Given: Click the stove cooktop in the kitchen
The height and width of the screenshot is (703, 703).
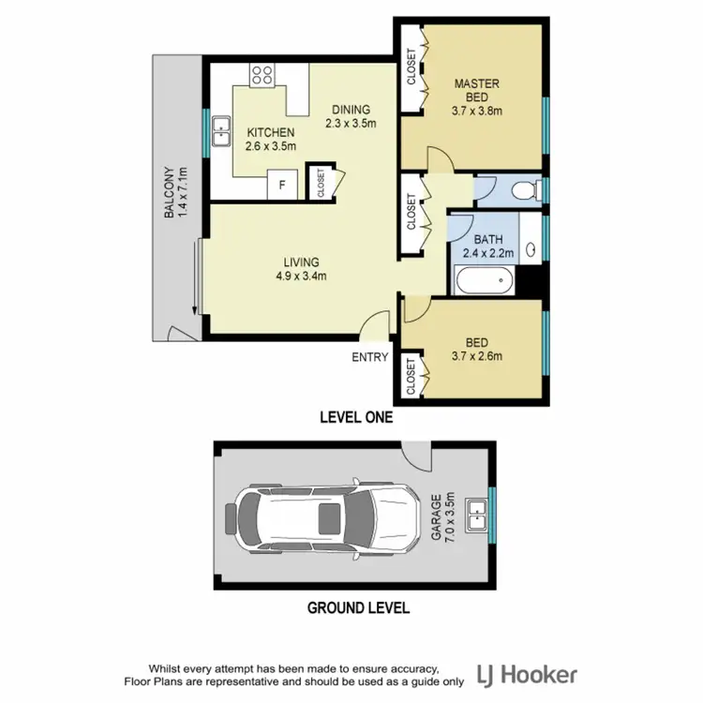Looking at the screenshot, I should (x=262, y=73).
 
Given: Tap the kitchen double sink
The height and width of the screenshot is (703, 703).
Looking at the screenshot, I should (x=222, y=132).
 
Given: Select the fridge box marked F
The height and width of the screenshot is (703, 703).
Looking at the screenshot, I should (x=281, y=185).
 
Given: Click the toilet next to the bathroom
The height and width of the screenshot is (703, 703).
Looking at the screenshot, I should (x=528, y=190).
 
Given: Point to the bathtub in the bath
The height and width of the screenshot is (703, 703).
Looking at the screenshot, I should (x=484, y=279).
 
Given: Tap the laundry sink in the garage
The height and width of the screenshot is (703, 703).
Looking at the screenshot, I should (x=480, y=512).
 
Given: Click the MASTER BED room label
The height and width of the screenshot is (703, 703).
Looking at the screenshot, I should (x=477, y=97).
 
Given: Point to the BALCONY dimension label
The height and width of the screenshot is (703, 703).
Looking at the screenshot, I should (x=176, y=192).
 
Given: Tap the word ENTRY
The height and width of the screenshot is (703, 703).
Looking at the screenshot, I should (x=369, y=357).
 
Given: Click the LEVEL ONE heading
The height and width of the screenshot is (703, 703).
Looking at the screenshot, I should (x=355, y=417).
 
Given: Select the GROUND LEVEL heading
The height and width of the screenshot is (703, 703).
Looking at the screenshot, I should (x=358, y=607).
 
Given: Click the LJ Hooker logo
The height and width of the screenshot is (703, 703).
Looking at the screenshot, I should (x=527, y=674).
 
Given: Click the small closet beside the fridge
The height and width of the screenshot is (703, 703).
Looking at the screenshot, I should (x=320, y=184).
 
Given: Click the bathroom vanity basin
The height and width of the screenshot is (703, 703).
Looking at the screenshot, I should (x=531, y=250).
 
